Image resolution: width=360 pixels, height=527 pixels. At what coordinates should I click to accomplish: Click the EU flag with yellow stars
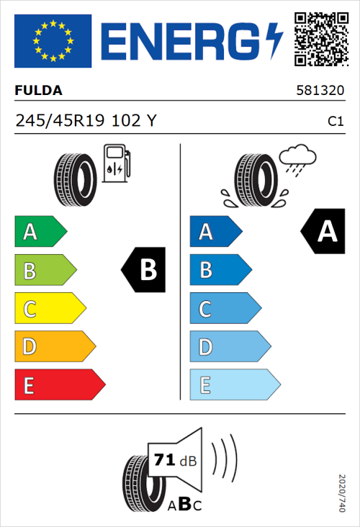click(x=53, y=40)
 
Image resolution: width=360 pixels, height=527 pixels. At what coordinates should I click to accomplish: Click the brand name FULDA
click(x=38, y=91)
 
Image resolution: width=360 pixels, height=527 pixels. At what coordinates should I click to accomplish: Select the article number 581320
click(x=320, y=91)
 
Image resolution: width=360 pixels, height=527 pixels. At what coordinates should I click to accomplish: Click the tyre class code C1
click(x=335, y=122)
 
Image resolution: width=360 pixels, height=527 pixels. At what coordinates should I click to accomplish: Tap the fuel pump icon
click(x=116, y=163)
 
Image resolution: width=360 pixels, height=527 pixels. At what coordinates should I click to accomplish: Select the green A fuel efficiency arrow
click(x=40, y=232)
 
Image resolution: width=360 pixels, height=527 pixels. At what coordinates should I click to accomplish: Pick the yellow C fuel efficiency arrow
click(x=50, y=309)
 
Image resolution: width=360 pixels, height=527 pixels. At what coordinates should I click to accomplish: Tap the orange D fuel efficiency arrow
click(x=54, y=347)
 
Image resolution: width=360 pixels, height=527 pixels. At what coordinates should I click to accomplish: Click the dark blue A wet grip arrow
click(x=215, y=232)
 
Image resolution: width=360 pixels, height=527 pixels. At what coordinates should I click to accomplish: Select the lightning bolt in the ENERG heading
click(x=274, y=40)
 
